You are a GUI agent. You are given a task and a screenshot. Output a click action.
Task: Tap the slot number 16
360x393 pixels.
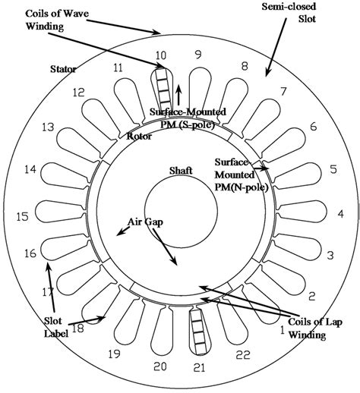point(30,253)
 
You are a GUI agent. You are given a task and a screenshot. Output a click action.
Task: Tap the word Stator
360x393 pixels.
point(64,69)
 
